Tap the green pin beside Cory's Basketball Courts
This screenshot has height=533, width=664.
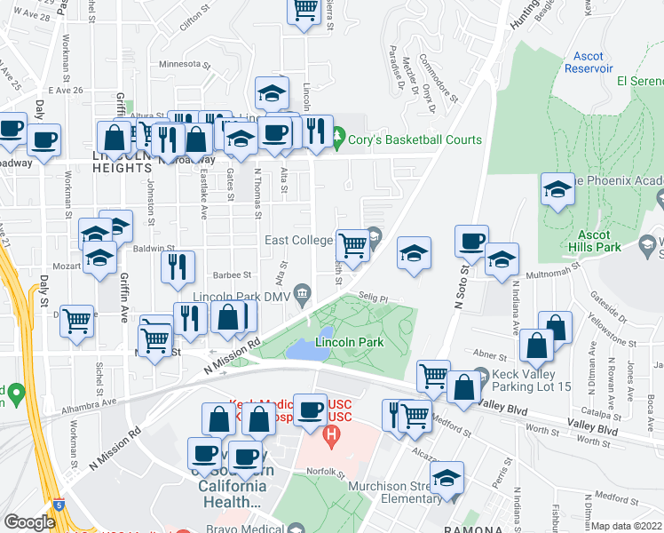(x=337, y=138)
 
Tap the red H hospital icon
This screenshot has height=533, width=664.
(x=332, y=435)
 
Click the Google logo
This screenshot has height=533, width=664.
(x=30, y=521)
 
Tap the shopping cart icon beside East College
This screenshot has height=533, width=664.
(x=353, y=244)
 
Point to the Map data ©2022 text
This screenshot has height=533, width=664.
(x=627, y=526)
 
